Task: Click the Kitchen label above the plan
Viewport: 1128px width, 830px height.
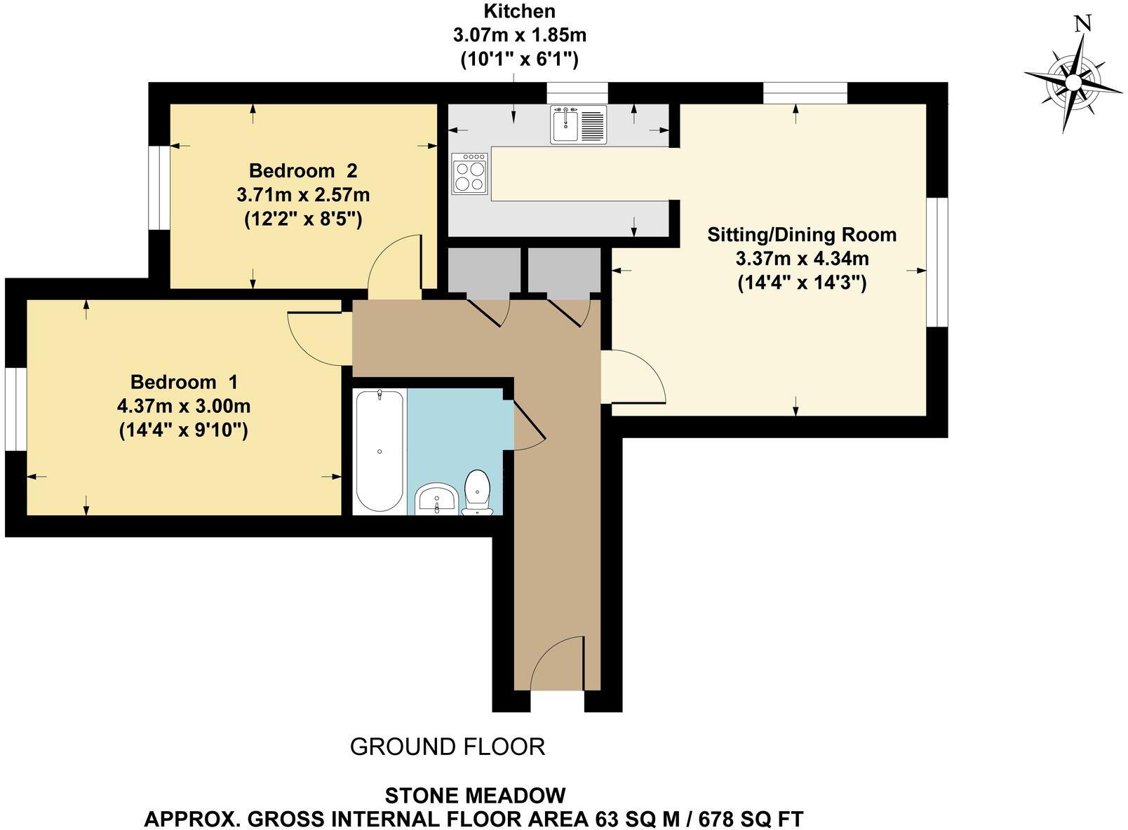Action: pos(519,11)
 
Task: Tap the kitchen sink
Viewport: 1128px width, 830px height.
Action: pos(578,125)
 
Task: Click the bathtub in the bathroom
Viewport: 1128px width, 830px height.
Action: pos(379,451)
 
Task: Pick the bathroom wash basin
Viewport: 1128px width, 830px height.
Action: pos(437,500)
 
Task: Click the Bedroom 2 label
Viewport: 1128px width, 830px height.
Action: pos(303,170)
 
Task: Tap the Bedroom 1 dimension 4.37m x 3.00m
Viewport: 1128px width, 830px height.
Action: pos(184,406)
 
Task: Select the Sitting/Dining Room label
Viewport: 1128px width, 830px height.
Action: pos(801,234)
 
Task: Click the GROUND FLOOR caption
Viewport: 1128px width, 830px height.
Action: pos(447,747)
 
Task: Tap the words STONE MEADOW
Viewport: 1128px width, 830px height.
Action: pos(475,796)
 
